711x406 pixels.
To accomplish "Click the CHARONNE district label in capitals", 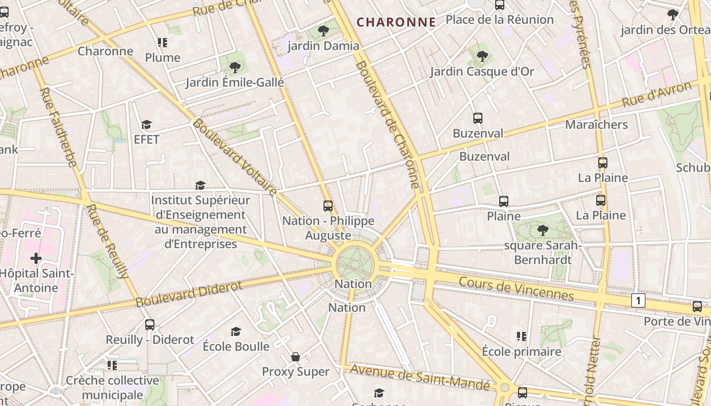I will (x=396, y=22).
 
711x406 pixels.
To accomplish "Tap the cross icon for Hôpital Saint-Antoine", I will (x=36, y=259).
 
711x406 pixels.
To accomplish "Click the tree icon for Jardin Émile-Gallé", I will (x=235, y=67).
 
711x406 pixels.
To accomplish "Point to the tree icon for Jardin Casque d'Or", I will (x=482, y=56).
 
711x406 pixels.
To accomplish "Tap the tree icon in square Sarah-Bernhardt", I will (x=542, y=230).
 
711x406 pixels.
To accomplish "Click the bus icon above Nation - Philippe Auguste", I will (x=328, y=206).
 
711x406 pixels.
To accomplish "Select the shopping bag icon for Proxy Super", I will (x=295, y=357).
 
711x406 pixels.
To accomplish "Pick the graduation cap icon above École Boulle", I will (x=236, y=332).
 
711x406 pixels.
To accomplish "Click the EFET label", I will (x=146, y=140).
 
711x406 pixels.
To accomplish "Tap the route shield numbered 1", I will (x=638, y=300).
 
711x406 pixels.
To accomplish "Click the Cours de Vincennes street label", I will (x=516, y=288).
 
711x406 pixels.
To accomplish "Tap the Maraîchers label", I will (x=596, y=124).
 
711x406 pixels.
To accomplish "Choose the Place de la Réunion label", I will (x=499, y=20).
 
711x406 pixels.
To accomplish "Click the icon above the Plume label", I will (x=163, y=43).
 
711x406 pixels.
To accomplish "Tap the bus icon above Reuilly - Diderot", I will (x=149, y=325).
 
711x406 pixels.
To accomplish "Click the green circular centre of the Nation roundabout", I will (x=355, y=263).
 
